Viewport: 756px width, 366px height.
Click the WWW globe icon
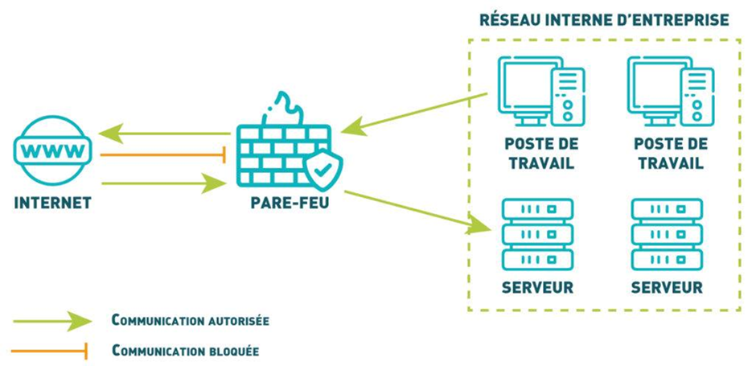52,150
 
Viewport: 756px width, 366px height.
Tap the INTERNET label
52,203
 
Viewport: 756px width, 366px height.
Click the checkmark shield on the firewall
323,167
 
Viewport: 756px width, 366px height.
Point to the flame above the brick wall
285,109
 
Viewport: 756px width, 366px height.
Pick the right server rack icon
667,234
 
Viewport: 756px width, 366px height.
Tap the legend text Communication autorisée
190,320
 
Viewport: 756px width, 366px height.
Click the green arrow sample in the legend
52,320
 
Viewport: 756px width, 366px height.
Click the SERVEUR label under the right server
667,287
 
